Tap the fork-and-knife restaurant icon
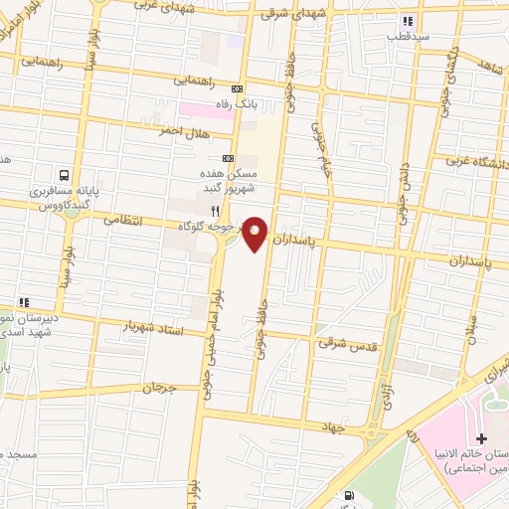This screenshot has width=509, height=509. [x=215, y=211]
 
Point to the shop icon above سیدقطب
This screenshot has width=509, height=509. [x=406, y=21]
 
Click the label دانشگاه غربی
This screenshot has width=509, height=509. [x=475, y=159]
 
